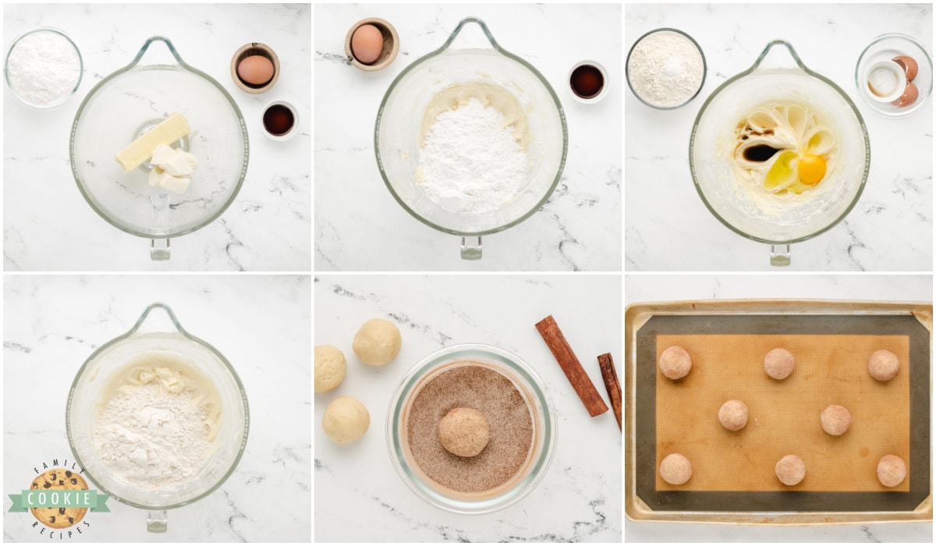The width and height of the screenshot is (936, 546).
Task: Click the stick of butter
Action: (x=153, y=142)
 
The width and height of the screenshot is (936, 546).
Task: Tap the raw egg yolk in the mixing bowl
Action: (x=811, y=169)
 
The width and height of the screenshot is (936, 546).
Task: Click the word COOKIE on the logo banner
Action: (x=59, y=498)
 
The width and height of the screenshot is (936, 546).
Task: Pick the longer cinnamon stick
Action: (x=571, y=366)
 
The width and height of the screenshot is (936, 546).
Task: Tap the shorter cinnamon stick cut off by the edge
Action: (x=611, y=390)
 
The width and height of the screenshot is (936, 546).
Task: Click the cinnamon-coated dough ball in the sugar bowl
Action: (x=464, y=432)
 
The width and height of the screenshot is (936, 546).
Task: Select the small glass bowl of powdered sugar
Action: (x=44, y=68)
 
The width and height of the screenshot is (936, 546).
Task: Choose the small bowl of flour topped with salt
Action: (x=665, y=69)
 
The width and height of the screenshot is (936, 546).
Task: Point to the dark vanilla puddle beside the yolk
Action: (x=762, y=153)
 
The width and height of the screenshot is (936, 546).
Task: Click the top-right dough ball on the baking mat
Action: (x=883, y=365)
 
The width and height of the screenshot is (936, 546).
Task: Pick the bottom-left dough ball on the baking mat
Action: (x=675, y=469)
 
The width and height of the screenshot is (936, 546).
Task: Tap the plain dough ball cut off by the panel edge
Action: (x=329, y=368)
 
